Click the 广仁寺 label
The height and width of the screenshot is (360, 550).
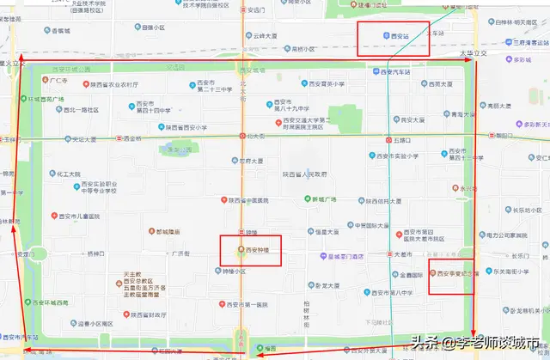tap(59, 79)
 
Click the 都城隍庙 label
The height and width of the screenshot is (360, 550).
tap(164, 232)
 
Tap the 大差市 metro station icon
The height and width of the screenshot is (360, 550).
tap(388, 255)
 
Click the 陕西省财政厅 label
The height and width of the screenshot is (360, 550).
tap(140, 316)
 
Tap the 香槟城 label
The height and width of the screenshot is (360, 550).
tap(60, 31)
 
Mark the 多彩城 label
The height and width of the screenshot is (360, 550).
tap(523, 60)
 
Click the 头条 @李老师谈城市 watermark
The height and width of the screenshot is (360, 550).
tap(477, 342)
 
